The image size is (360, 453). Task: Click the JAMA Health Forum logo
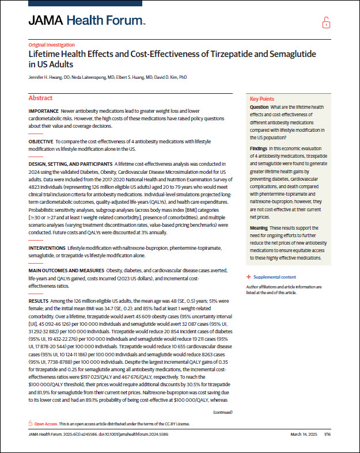pos(86,21)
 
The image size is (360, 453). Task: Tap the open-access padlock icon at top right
pos(327,23)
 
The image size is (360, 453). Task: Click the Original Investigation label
pos(51,44)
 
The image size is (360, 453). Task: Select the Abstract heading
pos(40,98)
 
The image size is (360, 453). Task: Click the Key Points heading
pos(262,99)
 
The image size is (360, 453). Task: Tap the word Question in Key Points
pos(259,108)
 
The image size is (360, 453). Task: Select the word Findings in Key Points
pos(259,148)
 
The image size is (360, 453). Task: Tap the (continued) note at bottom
pos(223,413)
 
